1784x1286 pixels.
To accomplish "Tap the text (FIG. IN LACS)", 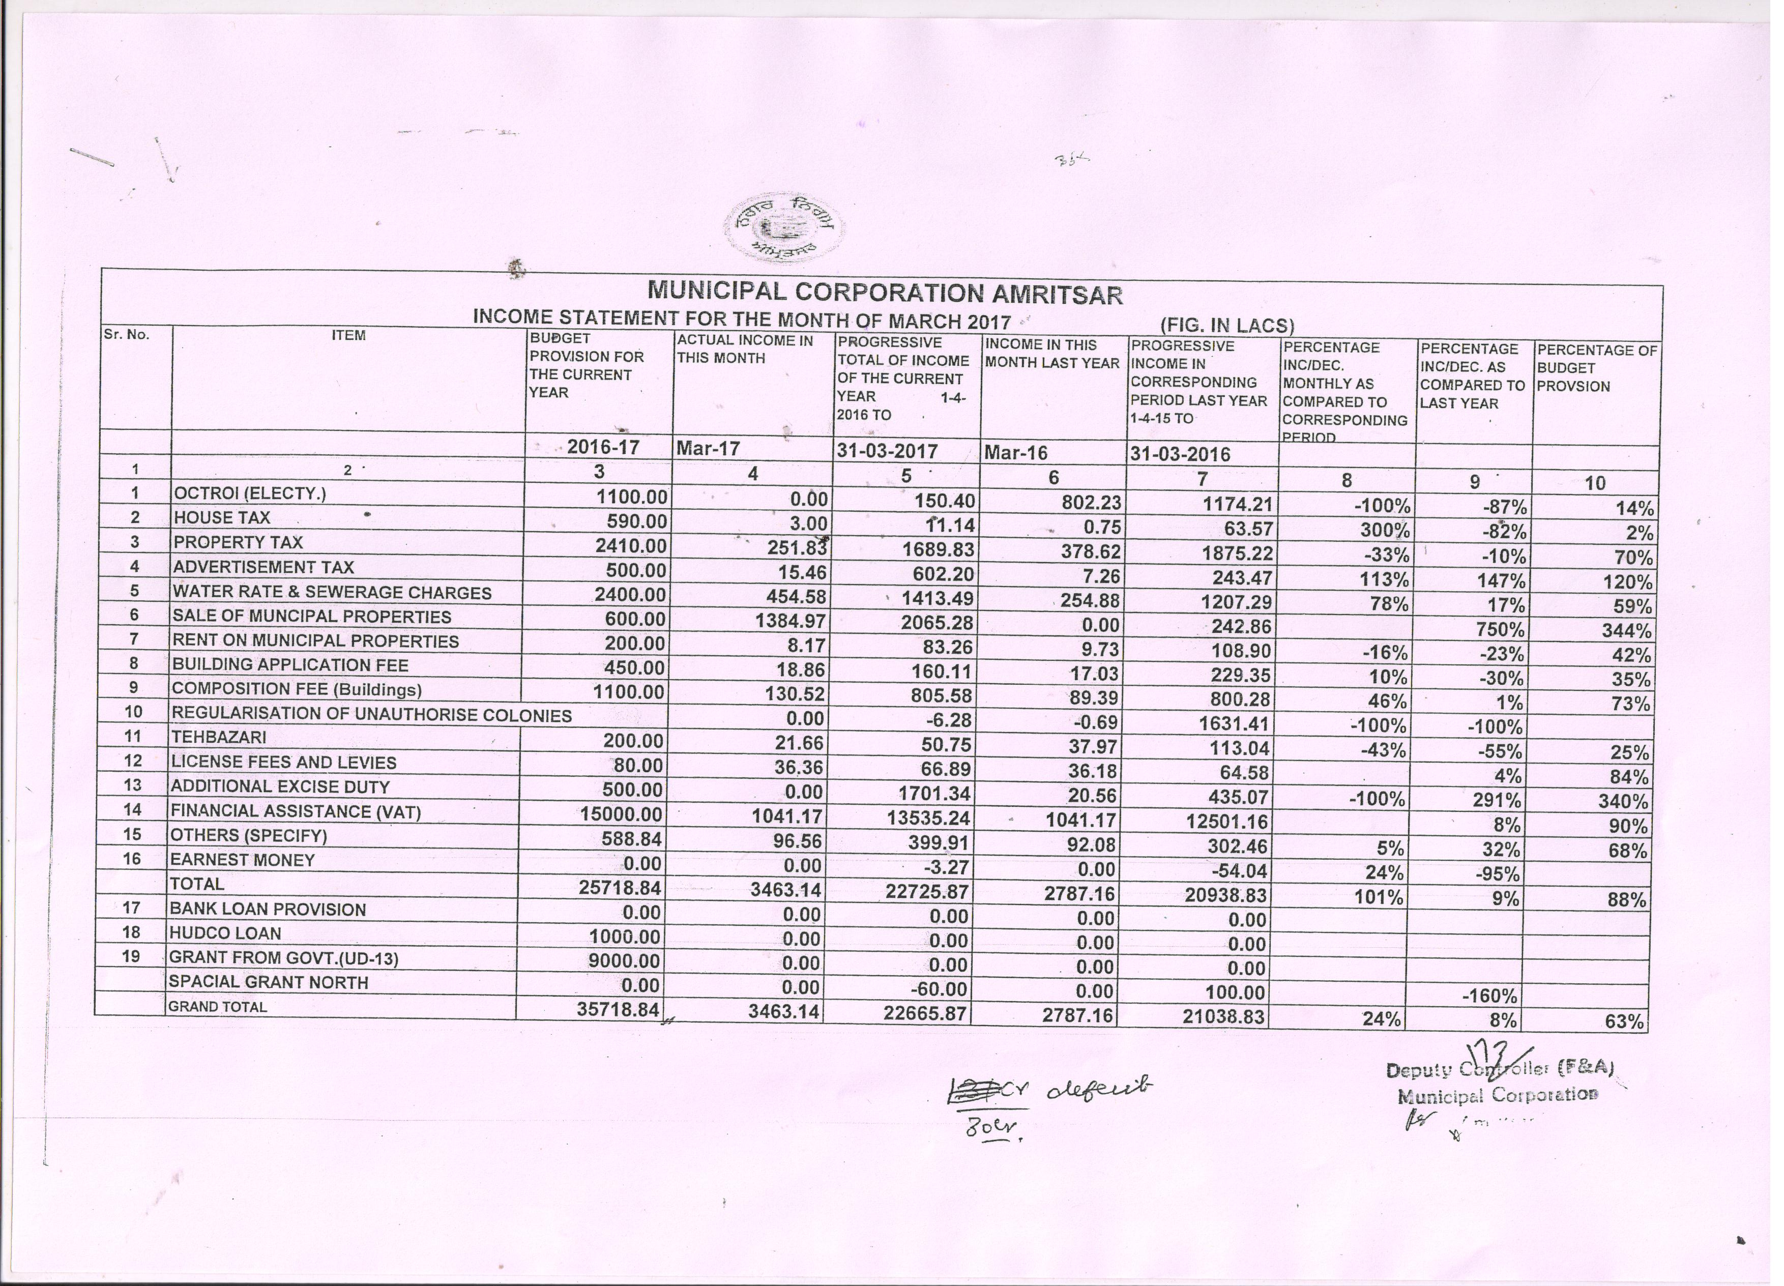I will point(1227,325).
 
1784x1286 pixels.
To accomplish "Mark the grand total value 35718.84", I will point(618,1009).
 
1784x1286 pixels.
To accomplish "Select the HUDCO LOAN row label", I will point(226,933).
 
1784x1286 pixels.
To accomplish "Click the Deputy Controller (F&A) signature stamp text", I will point(1499,1070).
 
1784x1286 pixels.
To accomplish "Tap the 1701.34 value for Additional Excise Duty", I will point(933,793).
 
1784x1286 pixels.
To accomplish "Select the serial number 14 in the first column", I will point(133,809).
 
